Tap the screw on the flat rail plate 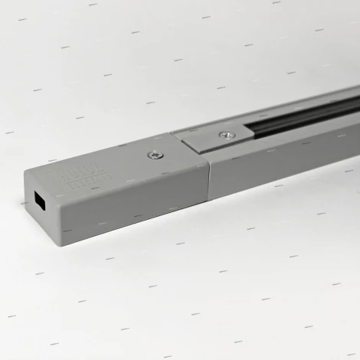tap(224, 136)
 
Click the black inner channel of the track tap(306, 115)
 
